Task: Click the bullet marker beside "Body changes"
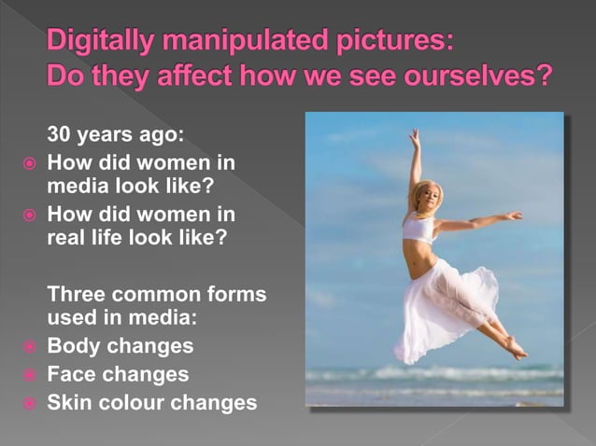point(29,347)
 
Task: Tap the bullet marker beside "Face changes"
point(29,375)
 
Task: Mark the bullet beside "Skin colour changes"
point(29,404)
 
